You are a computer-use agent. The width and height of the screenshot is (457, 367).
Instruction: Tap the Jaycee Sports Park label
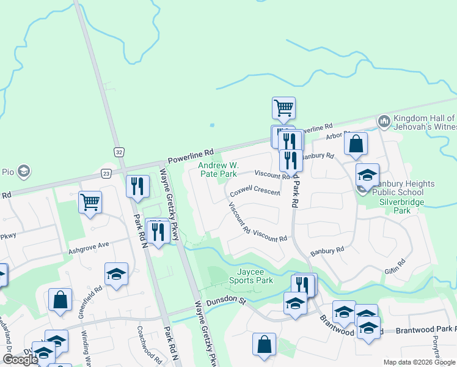[250, 276]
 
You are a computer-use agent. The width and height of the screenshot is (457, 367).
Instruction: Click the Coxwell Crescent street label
[255, 191]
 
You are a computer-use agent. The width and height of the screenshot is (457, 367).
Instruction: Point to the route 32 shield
[118, 151]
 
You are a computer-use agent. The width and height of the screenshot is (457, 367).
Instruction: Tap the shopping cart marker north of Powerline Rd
[283, 108]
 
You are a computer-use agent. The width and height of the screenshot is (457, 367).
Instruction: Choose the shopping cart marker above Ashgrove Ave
[90, 202]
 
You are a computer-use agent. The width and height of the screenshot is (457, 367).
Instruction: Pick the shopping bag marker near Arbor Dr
[356, 144]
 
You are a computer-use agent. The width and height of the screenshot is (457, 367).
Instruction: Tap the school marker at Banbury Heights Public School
[367, 175]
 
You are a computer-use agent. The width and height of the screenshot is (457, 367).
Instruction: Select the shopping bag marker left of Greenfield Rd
[60, 300]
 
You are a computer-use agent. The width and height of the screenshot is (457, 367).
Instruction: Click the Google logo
[20, 359]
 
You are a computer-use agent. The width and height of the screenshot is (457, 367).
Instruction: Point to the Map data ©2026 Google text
[419, 362]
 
